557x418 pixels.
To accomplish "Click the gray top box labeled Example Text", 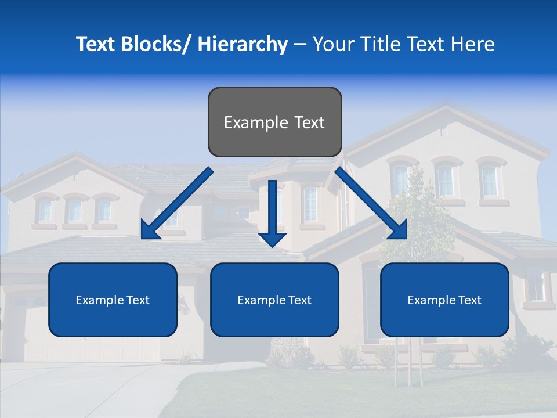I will click(x=274, y=122).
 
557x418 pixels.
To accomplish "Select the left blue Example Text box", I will click(x=113, y=300).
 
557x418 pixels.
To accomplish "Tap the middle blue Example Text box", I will click(x=274, y=300).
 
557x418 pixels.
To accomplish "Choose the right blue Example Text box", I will click(x=444, y=300).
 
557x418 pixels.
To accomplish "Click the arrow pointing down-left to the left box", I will click(x=178, y=203).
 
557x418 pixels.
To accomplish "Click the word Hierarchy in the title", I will click(x=243, y=44).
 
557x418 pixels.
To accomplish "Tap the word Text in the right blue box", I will click(x=469, y=300).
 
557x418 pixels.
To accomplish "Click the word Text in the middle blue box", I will click(x=299, y=300).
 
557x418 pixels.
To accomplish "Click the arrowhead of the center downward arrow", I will click(x=272, y=238).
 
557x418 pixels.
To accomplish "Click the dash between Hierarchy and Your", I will click(x=300, y=45).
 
